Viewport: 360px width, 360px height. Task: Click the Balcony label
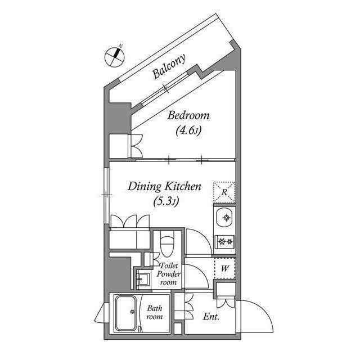click(x=169, y=66)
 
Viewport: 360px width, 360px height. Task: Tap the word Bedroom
click(x=188, y=115)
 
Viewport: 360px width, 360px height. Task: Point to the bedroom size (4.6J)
click(x=188, y=131)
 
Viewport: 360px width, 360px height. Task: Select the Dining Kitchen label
click(x=164, y=186)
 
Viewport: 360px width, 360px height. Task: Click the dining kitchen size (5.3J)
click(x=166, y=201)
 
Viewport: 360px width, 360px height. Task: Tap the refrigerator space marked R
click(x=224, y=192)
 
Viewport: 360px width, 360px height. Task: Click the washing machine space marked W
click(x=225, y=268)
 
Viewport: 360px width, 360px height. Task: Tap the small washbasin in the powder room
click(x=143, y=279)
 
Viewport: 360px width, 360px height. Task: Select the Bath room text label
click(x=155, y=313)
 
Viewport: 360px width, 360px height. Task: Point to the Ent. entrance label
click(x=211, y=317)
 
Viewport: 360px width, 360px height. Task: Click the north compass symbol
click(x=115, y=57)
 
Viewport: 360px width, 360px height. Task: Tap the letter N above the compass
click(x=120, y=46)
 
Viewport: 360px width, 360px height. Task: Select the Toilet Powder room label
click(x=169, y=274)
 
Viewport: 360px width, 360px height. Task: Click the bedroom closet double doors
click(x=135, y=146)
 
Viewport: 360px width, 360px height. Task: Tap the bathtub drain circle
click(x=132, y=312)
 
